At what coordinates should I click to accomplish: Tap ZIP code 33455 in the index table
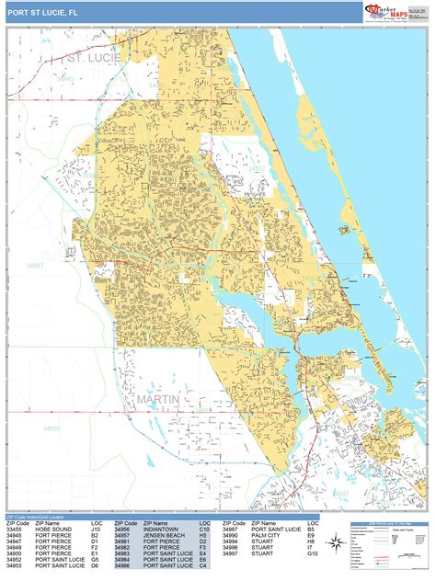point(15,529)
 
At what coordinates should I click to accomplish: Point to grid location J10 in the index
point(96,529)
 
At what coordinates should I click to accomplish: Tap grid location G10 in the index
point(313,554)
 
